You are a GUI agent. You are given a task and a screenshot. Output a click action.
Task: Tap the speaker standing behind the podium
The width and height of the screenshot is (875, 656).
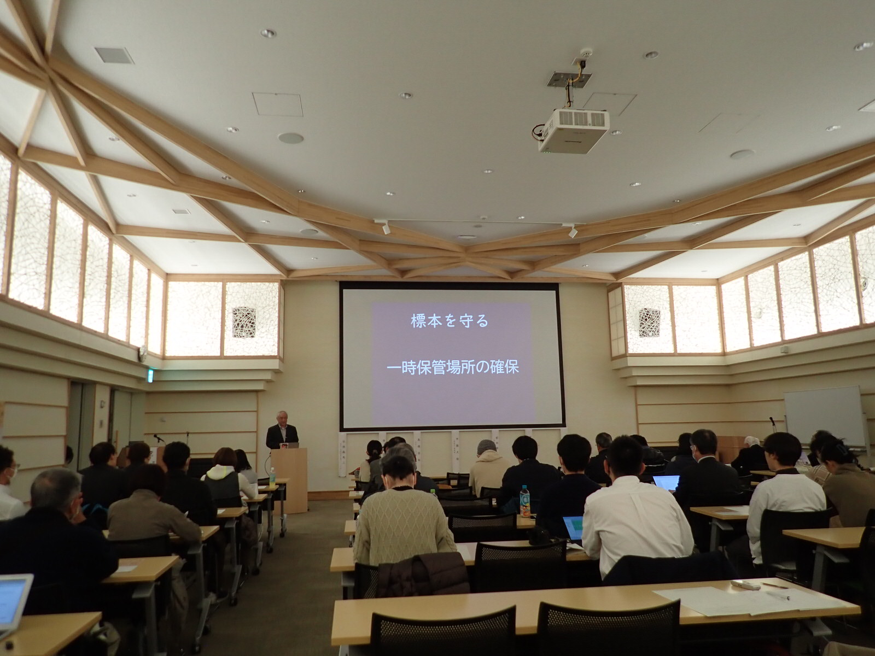[x=282, y=435]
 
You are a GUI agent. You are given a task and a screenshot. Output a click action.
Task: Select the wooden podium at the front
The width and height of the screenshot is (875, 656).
[x=289, y=478]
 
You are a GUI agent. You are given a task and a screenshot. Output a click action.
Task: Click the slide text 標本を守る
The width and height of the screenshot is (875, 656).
[x=450, y=321]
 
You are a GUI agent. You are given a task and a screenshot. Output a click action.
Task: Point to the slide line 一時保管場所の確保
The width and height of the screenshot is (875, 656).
[x=452, y=367]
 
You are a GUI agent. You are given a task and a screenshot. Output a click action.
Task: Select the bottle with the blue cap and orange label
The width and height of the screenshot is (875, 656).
[x=524, y=502]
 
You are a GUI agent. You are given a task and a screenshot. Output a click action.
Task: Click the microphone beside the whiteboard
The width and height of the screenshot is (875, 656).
[x=772, y=420]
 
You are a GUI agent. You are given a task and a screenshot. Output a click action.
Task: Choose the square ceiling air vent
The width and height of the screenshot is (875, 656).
[x=114, y=55]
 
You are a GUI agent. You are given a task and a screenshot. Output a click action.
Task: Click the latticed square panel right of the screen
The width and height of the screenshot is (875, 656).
[x=649, y=322]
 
